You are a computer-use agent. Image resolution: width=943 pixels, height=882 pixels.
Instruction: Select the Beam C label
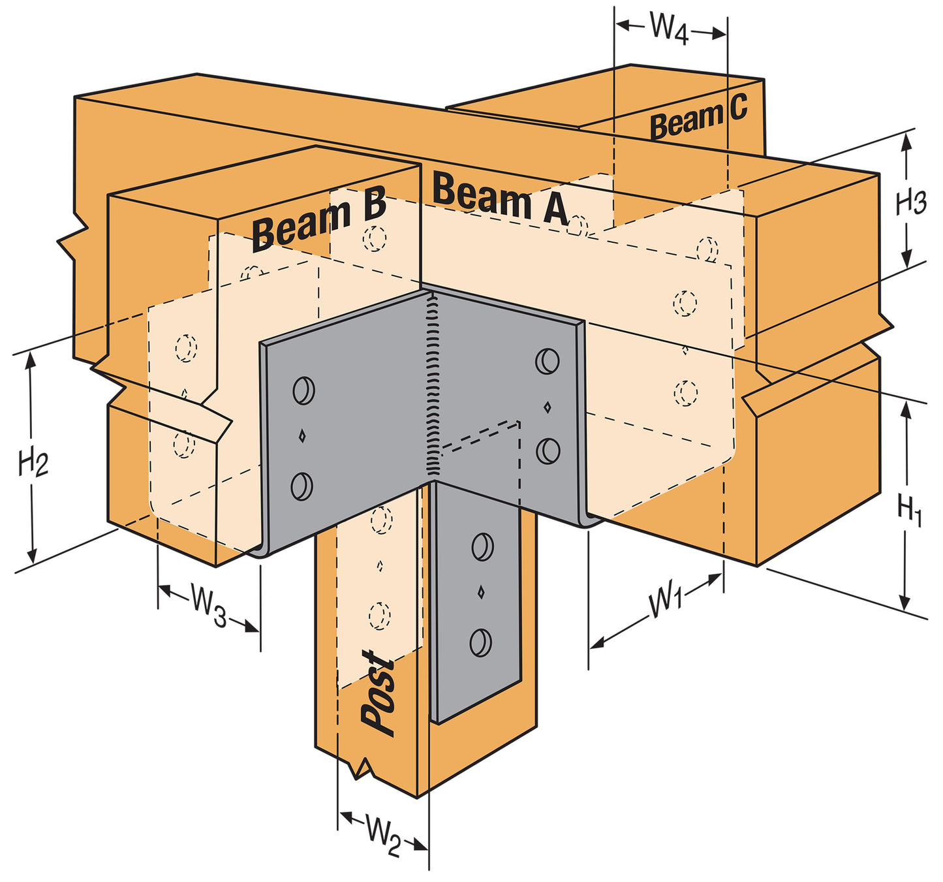[698, 118]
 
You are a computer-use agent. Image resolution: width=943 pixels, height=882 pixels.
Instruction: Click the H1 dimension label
[909, 510]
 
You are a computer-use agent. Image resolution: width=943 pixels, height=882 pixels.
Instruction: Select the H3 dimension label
[910, 202]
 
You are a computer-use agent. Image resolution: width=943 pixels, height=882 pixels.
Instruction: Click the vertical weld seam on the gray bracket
[431, 385]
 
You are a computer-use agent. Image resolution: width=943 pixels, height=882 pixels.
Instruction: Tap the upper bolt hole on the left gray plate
[303, 390]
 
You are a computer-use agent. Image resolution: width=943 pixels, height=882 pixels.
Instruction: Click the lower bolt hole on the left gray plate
[301, 486]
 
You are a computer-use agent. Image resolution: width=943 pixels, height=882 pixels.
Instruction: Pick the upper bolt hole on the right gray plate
[547, 361]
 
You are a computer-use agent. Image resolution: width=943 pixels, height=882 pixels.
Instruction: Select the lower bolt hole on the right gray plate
[548, 450]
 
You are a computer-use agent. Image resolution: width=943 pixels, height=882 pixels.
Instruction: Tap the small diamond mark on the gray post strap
[481, 592]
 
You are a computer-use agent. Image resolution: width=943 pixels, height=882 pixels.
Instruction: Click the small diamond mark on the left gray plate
[301, 436]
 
